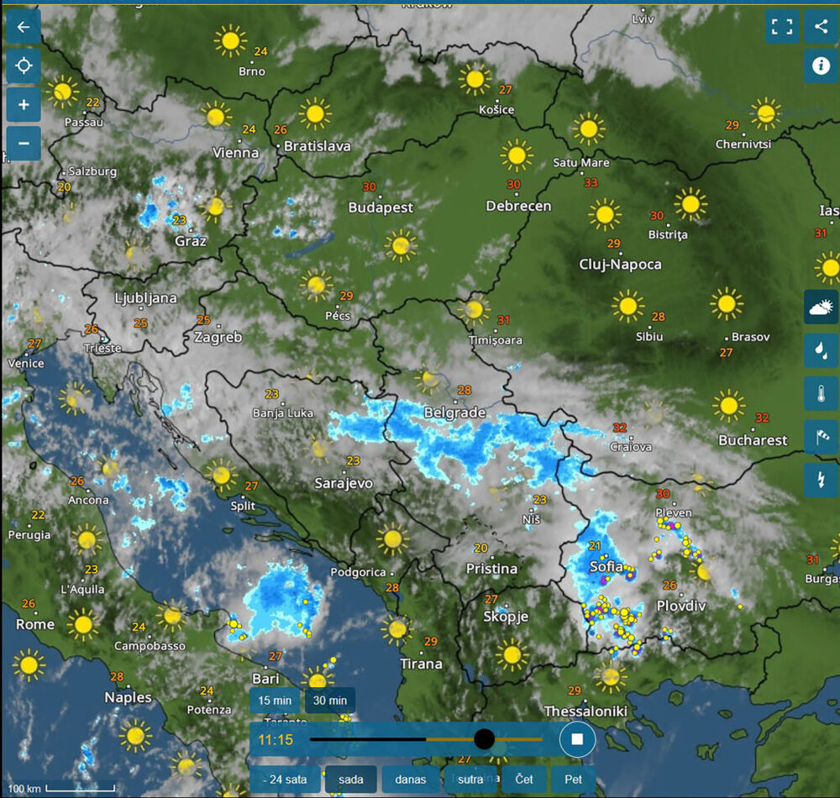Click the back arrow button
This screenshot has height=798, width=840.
pyautogui.click(x=24, y=27)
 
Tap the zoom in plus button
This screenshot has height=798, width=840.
pyautogui.click(x=24, y=105)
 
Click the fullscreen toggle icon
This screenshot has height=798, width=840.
pyautogui.click(x=782, y=26)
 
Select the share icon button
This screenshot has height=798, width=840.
pyautogui.click(x=821, y=26)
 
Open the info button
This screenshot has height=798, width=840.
pyautogui.click(x=821, y=66)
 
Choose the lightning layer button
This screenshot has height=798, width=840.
pyautogui.click(x=821, y=480)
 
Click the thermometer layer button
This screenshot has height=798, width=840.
pyautogui.click(x=821, y=393)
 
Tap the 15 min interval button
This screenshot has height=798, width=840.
pyautogui.click(x=275, y=700)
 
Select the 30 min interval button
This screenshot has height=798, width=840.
pyautogui.click(x=330, y=700)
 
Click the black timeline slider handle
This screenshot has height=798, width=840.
pyautogui.click(x=484, y=739)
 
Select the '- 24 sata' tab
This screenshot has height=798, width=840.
pyautogui.click(x=284, y=780)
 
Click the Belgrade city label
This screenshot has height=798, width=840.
pyautogui.click(x=455, y=412)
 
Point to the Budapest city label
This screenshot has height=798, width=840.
pyautogui.click(x=381, y=207)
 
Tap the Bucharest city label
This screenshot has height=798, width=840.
pyautogui.click(x=753, y=440)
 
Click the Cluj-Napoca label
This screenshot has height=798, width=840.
pyautogui.click(x=621, y=264)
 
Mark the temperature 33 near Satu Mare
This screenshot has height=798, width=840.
pyautogui.click(x=591, y=182)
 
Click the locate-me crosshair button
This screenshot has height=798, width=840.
pyautogui.click(x=24, y=66)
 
